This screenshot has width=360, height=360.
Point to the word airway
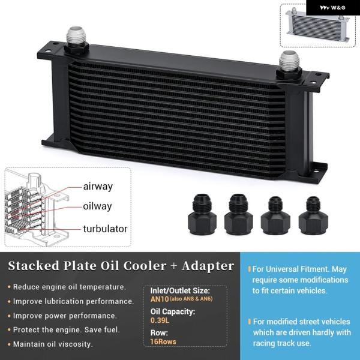pos(98,187)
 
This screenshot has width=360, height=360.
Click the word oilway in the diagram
pos(98,207)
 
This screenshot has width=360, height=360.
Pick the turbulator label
pos(105,229)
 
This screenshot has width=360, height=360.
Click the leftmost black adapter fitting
pos(205,214)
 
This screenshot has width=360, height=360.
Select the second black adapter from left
pos(239,214)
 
